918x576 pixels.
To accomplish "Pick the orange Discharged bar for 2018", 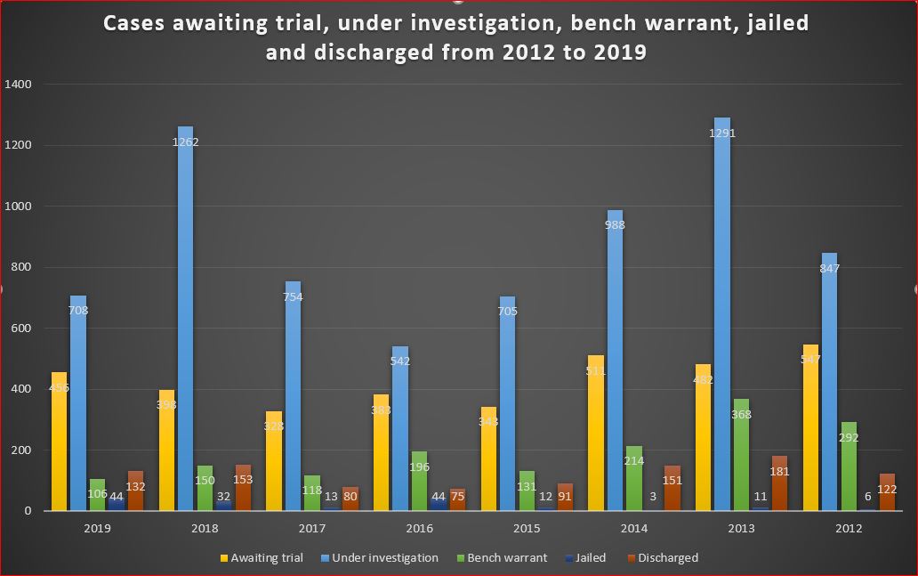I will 244,488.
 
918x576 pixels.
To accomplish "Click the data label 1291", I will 722,134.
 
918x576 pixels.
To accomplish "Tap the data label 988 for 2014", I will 614,225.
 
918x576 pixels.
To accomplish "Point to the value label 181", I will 779,472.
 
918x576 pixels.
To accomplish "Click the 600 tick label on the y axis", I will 20,329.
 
